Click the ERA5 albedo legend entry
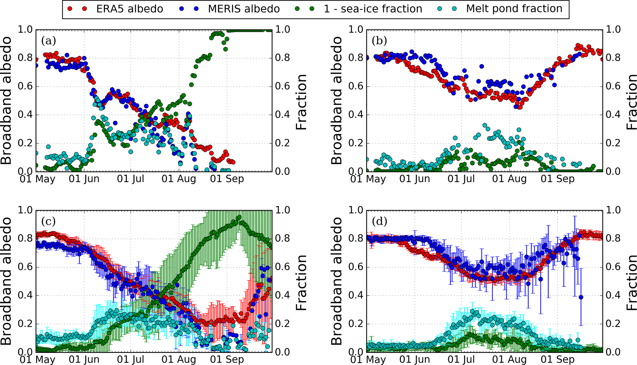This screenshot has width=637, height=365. tap(129, 9)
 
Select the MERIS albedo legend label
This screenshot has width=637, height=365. tap(243, 9)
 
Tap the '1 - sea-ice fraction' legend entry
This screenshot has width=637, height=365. tap(373, 9)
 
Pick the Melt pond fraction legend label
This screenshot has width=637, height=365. tap(514, 9)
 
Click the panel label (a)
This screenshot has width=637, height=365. tap(49, 41)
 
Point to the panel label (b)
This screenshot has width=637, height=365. tap(379, 41)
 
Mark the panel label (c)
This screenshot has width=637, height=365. tap(48, 221)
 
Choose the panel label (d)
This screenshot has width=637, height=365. tap(379, 221)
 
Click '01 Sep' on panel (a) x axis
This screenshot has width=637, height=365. tap(227, 179)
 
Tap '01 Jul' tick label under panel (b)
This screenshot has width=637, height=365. tap(463, 179)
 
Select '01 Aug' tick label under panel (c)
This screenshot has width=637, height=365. tap(179, 359)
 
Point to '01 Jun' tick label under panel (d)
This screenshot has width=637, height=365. tap(415, 359)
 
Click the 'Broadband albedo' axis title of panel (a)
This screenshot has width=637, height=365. tap(7, 100)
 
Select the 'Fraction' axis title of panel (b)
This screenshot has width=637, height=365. tap(631, 102)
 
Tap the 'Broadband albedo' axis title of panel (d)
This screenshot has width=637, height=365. tap(337, 281)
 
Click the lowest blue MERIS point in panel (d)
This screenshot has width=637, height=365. tap(581, 297)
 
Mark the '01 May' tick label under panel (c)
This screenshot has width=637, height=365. tap(37, 359)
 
